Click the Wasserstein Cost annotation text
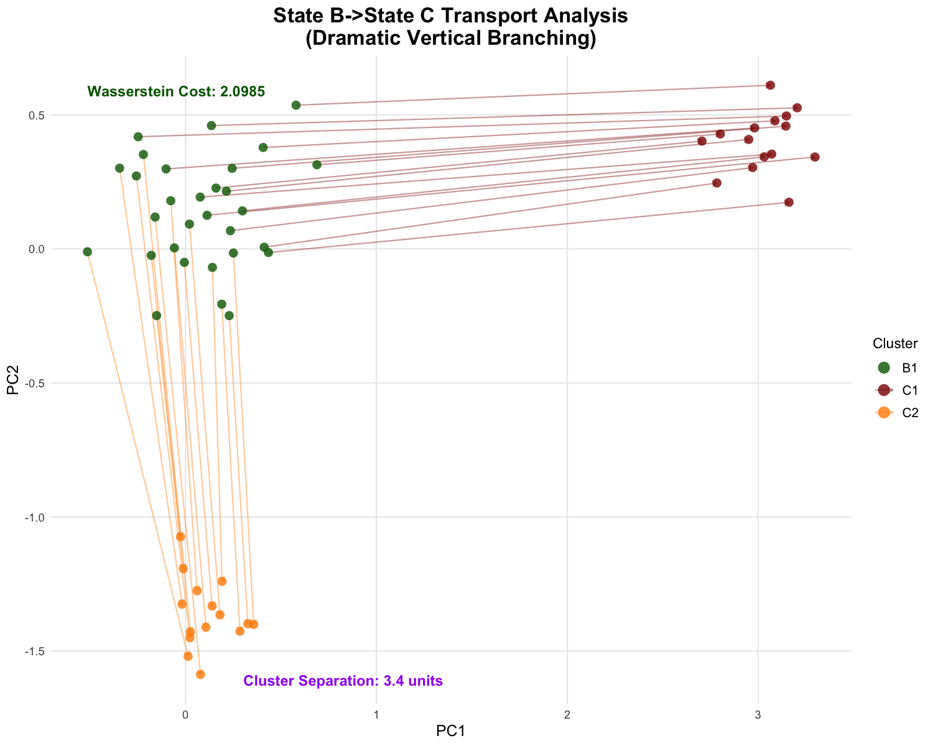coord(177,91)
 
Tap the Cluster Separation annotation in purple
coord(343,681)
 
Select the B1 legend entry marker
coord(884,367)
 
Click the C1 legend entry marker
coord(884,390)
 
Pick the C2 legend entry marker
coord(884,412)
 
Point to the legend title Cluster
coord(895,343)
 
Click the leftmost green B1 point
coord(88,252)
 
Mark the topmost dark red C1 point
coord(770,85)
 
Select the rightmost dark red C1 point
coord(815,157)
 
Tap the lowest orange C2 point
coord(200,675)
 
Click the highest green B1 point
coord(296,105)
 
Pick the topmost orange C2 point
coord(180,536)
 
